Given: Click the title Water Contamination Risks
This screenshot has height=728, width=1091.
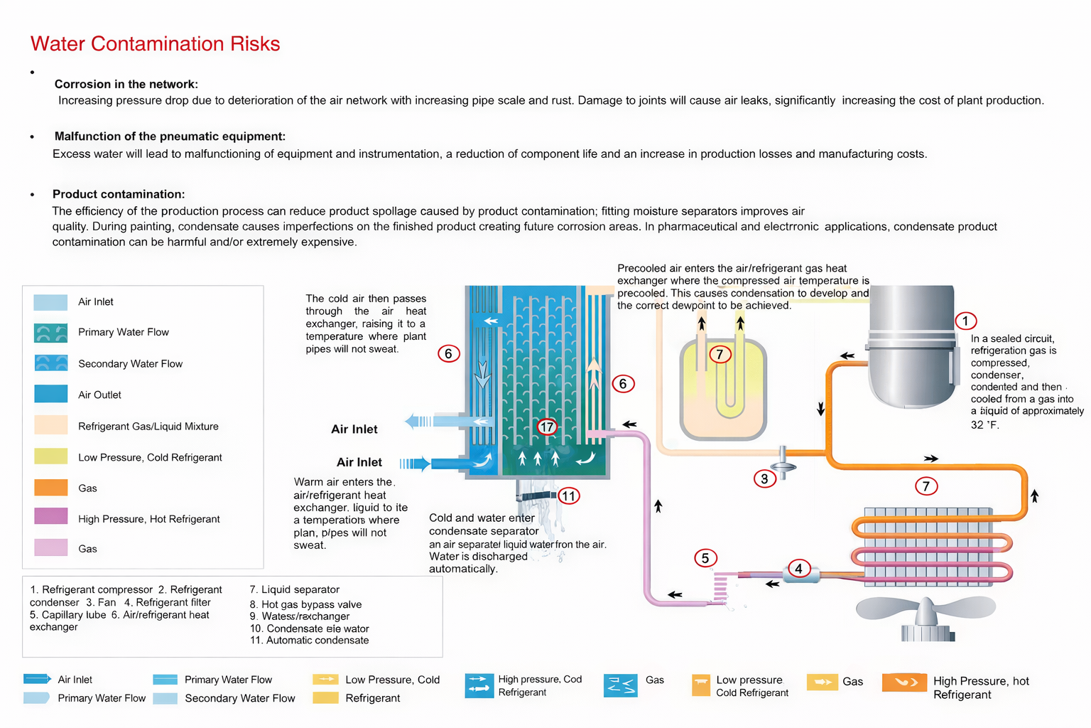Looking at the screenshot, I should coord(155,44).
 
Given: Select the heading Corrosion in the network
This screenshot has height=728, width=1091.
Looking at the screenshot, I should coord(126,84).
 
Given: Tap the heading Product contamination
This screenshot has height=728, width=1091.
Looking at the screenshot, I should coord(118,194).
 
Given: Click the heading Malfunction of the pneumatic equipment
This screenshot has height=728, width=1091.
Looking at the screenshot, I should coord(169,136).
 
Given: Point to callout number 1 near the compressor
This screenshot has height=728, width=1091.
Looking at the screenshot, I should coord(965,321).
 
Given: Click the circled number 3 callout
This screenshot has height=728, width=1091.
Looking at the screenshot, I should coord(764,478).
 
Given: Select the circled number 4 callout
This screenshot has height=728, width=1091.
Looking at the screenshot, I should coord(798,568).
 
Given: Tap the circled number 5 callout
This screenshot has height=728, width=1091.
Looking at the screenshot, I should coord(705,558).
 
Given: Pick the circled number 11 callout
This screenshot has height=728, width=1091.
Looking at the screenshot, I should coord(568,496).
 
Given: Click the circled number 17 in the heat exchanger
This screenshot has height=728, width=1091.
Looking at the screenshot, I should coord(546,427).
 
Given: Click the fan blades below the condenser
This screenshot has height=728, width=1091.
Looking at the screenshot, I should coord(926,611).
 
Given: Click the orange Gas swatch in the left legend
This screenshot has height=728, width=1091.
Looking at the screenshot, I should coord(50,488).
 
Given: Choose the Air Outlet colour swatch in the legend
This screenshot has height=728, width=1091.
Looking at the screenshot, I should coord(50,394).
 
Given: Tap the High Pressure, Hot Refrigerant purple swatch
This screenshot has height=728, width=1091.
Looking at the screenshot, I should coord(50,517).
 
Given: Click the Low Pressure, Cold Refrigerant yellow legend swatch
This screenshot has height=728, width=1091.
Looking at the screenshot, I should coord(50,456).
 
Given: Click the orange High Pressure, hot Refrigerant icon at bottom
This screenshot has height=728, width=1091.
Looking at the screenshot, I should coord(903,682).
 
